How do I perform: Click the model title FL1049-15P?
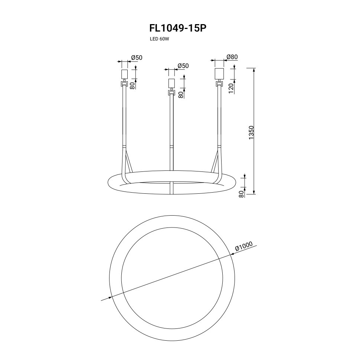click(x=178, y=28)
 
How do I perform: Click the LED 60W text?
click(x=159, y=39)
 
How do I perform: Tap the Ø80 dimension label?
click(x=232, y=57)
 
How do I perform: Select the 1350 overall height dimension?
click(x=251, y=132)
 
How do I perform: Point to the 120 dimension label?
click(x=231, y=88)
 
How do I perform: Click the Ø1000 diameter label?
click(x=243, y=246)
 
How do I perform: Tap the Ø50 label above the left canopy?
click(x=137, y=58)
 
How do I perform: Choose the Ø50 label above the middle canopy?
click(x=183, y=66)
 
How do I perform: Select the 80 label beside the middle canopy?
click(x=181, y=95)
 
